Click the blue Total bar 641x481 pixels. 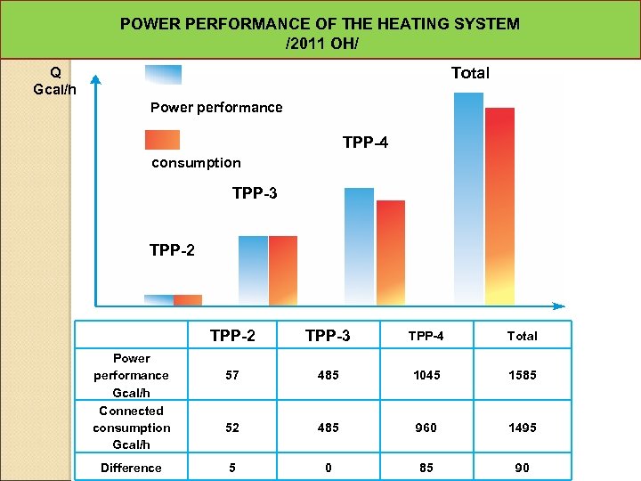click(x=468, y=198)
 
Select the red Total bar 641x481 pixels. click(x=499, y=206)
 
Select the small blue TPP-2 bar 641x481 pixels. click(x=158, y=300)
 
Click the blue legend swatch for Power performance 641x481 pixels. click(x=163, y=75)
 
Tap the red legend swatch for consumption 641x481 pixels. click(x=162, y=140)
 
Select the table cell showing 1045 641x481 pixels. click(x=426, y=376)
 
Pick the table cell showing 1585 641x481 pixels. click(x=522, y=376)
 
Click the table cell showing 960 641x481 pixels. click(x=426, y=428)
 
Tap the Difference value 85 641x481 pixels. click(x=426, y=468)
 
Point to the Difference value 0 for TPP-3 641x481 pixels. click(x=328, y=468)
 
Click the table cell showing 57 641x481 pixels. click(x=232, y=376)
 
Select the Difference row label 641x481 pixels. click(x=131, y=468)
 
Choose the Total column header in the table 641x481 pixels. click(x=522, y=336)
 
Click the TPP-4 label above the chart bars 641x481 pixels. click(x=365, y=143)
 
